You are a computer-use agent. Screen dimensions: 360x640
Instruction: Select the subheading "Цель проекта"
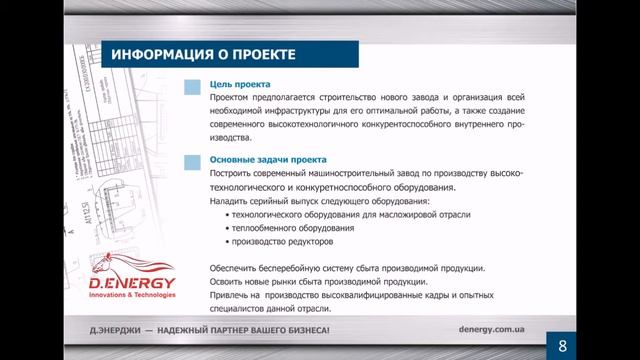point(240,85)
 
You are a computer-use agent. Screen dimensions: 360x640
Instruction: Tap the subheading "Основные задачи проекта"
point(268,160)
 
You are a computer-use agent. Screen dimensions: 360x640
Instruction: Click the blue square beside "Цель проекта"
point(192,87)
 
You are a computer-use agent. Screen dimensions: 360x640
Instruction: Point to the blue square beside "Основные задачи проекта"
point(192,161)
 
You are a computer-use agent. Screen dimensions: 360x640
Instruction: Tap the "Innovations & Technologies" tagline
point(131,296)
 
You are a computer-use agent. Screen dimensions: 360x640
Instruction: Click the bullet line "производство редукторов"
point(279,242)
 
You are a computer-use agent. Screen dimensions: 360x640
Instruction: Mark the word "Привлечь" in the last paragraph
point(230,296)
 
